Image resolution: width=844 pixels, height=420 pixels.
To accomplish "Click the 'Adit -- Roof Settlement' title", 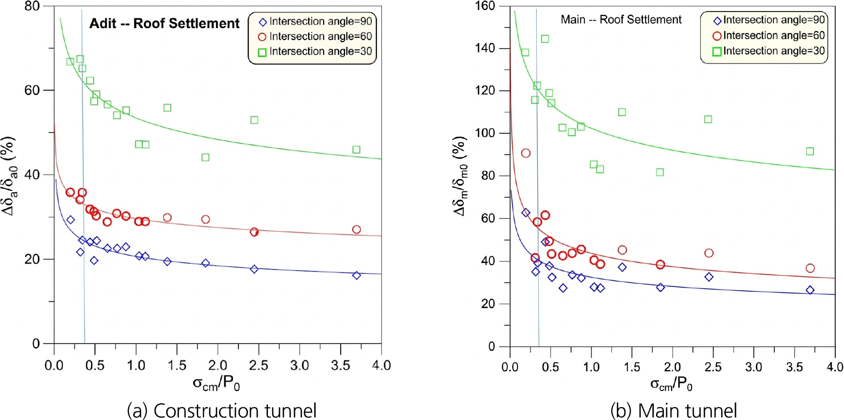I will (164, 23).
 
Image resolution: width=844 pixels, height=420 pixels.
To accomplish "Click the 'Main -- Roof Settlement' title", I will (621, 19).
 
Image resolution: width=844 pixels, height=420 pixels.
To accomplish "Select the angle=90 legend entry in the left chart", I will (315, 21).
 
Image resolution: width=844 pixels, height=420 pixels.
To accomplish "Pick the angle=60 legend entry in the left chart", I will (315, 36).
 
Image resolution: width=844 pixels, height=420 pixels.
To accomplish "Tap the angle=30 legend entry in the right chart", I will (769, 51).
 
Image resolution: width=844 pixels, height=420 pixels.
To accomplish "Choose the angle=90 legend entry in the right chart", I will (769, 20).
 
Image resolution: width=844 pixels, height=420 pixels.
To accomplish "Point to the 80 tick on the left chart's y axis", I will (32, 6).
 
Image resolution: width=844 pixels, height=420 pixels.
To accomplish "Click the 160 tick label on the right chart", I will (485, 6).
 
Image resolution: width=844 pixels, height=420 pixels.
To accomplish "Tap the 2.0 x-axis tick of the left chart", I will (218, 365).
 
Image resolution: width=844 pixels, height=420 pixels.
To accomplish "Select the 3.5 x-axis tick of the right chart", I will (794, 367).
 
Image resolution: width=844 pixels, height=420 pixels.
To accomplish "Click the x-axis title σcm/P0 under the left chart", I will (216, 384).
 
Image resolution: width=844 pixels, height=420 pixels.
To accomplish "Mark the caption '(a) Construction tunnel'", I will (221, 410).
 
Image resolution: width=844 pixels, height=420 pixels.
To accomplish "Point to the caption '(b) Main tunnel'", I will (673, 410).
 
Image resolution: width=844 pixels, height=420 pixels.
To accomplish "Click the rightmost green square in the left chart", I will (357, 150).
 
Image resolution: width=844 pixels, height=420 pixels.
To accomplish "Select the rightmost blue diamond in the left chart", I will (357, 275).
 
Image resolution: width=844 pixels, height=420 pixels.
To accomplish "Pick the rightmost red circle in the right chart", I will (810, 268).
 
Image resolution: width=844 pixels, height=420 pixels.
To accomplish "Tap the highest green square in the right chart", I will (545, 39).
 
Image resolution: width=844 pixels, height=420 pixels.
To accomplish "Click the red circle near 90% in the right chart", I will (526, 153).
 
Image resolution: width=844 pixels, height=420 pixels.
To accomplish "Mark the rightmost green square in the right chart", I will (810, 152).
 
